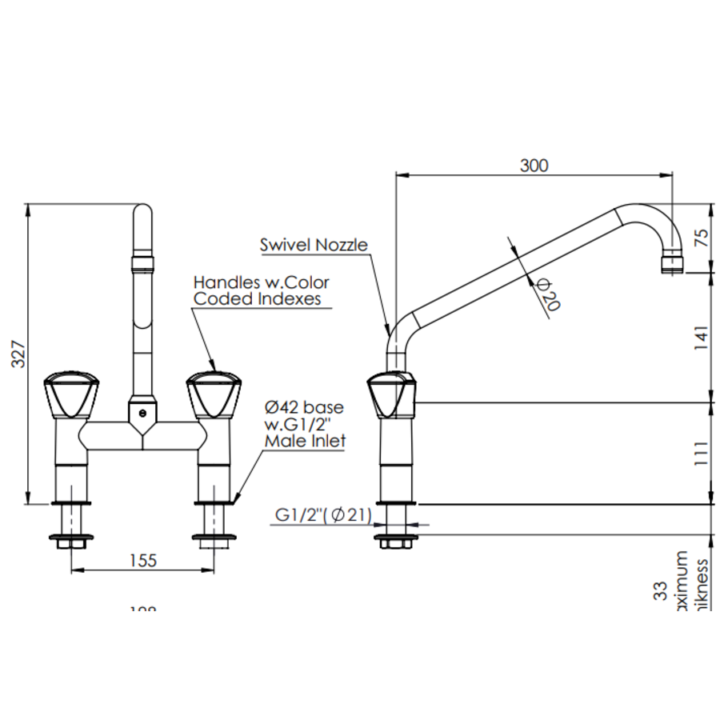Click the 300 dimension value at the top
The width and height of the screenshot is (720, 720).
tap(534, 166)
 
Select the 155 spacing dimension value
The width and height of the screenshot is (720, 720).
tap(142, 561)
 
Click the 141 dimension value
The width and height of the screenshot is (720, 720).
tap(702, 337)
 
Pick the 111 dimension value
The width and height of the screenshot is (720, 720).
tap(702, 453)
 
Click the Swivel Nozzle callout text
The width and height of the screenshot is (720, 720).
tap(314, 245)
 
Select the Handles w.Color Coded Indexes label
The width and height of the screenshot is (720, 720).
tap(261, 290)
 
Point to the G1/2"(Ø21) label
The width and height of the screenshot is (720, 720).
tap(323, 516)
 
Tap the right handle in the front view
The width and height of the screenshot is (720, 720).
tap(213, 395)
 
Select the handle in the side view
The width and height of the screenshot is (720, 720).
tap(391, 395)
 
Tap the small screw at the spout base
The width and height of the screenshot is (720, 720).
tap(142, 414)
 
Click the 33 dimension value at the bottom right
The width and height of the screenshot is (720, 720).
tap(661, 591)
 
